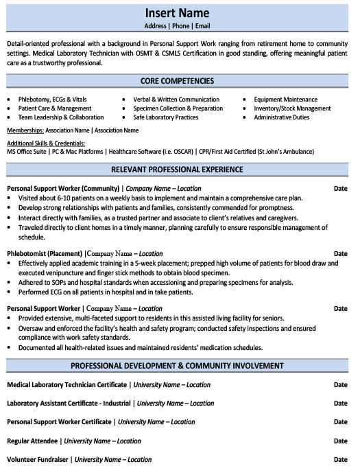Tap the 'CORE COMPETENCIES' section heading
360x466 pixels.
177,81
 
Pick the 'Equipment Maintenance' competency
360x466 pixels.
285,100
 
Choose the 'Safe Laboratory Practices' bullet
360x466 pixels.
165,117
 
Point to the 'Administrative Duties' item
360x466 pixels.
281,117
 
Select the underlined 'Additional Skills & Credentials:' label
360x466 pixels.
47,142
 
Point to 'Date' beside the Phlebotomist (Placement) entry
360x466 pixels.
340,253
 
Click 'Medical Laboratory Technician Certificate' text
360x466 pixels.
67,385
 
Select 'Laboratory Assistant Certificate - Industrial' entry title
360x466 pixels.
69,403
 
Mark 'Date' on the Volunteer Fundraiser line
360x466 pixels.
340,458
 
